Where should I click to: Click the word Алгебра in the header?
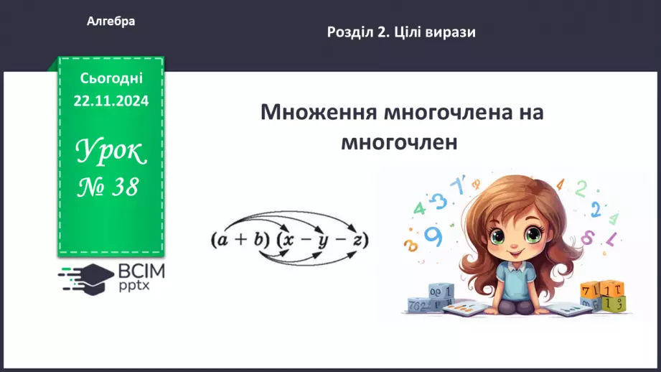(x=111, y=22)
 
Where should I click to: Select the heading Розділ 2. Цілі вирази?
(x=401, y=32)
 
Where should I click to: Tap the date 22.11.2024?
(x=111, y=101)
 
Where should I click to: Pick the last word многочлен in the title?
(x=399, y=141)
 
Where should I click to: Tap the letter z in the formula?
(x=355, y=241)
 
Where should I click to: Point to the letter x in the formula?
(x=289, y=241)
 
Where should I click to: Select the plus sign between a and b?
(x=240, y=241)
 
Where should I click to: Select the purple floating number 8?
(x=587, y=236)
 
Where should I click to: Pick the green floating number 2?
(x=581, y=188)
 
